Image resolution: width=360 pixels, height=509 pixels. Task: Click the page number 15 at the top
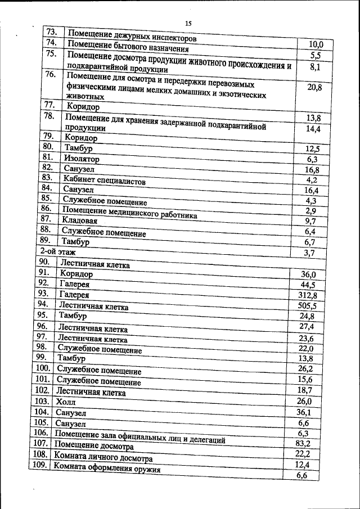(188, 23)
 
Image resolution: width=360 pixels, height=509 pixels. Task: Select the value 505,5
(307, 305)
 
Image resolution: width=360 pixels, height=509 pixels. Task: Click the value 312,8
(307, 295)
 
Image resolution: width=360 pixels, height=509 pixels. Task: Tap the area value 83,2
(304, 443)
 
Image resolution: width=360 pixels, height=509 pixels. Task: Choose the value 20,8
(314, 87)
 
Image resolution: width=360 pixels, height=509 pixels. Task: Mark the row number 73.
(54, 32)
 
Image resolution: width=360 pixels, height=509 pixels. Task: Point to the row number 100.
(43, 369)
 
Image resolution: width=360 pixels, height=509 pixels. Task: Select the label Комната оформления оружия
(107, 469)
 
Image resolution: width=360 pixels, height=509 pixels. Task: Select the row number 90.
(44, 262)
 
